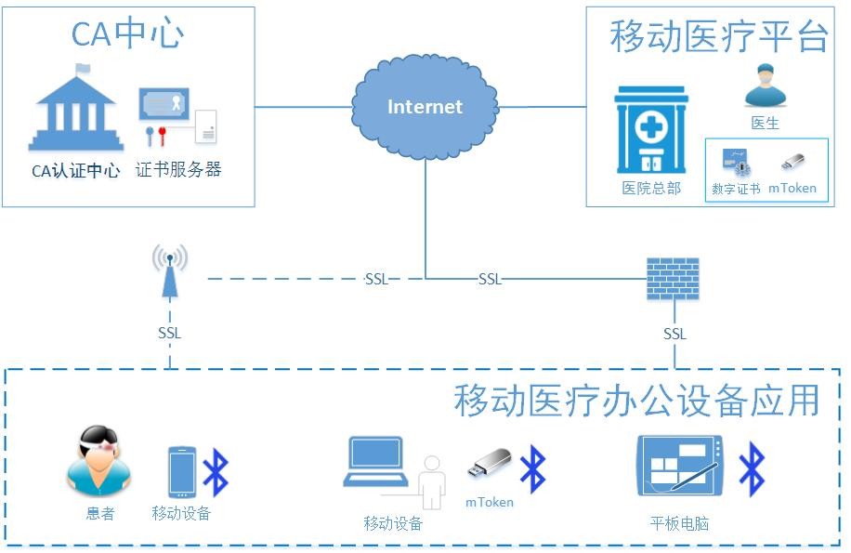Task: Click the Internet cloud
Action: (x=425, y=106)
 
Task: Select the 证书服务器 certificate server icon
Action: (x=177, y=117)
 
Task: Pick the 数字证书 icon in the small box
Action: (x=736, y=165)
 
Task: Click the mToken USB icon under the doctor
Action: (x=792, y=163)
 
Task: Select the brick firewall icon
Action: (x=673, y=277)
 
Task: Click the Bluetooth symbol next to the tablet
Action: (x=751, y=468)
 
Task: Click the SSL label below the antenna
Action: (x=170, y=333)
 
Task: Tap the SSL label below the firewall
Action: (x=674, y=334)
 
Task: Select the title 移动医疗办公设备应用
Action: (x=636, y=401)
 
